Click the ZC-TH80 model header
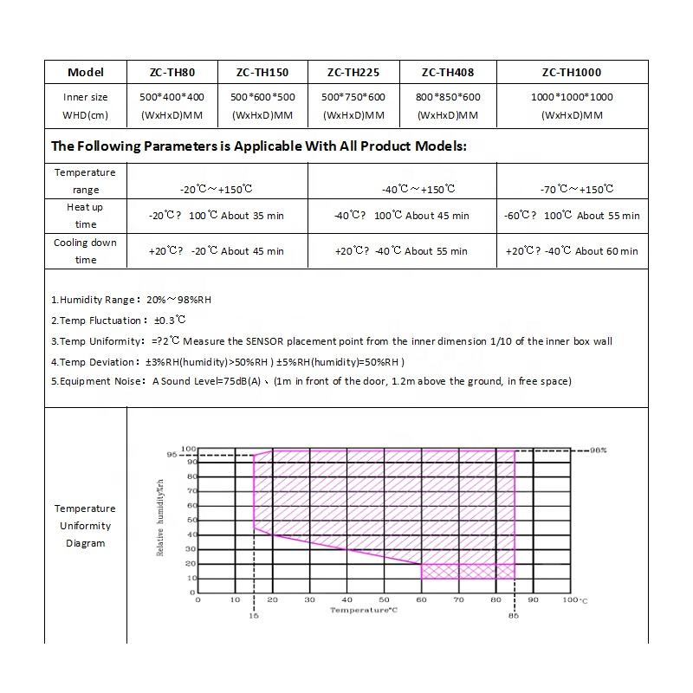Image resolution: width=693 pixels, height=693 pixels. (172, 73)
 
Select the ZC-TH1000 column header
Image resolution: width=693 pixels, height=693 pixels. (571, 73)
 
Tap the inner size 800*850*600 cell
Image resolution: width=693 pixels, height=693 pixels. (448, 97)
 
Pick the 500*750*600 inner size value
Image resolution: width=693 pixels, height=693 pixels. (353, 97)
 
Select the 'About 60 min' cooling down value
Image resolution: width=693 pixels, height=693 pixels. (606, 251)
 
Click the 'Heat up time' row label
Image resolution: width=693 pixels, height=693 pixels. (85, 216)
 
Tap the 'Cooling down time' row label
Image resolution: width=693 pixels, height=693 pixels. (85, 251)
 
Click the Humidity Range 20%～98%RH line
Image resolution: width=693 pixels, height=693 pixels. (131, 300)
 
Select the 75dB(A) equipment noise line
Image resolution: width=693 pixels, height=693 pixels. (312, 381)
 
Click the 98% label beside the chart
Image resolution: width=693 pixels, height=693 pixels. (598, 450)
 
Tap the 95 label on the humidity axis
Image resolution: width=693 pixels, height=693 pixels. (172, 455)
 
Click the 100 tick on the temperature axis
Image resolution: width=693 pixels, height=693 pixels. (570, 599)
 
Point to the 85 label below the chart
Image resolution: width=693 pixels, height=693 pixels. (514, 616)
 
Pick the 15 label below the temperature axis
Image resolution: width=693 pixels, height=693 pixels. (254, 616)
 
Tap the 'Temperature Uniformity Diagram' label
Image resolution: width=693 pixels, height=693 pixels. (85, 526)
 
